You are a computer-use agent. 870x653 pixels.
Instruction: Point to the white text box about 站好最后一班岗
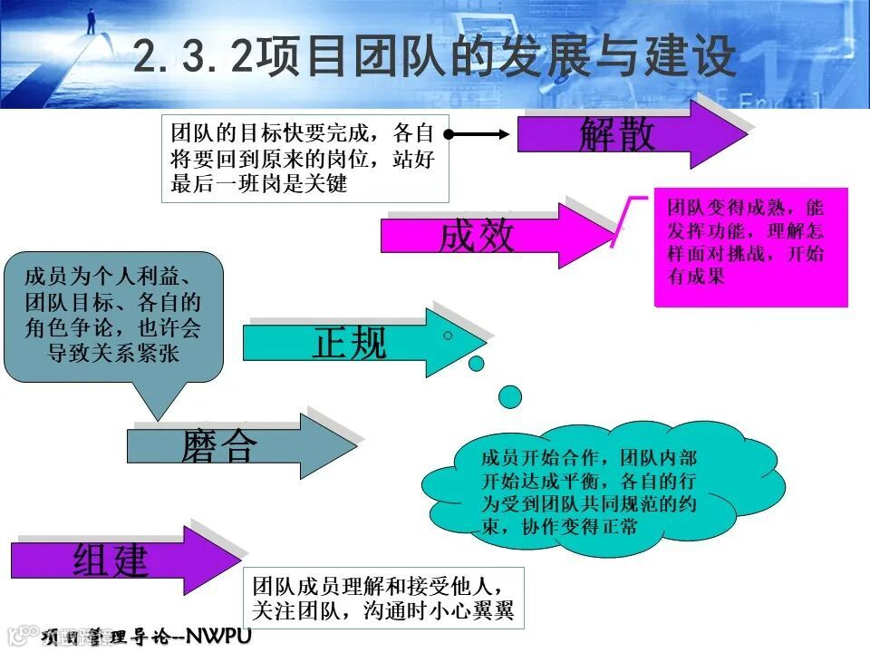[304, 158]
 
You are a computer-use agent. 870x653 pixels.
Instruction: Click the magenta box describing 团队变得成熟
[750, 247]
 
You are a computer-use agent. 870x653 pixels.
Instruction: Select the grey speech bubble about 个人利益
[113, 317]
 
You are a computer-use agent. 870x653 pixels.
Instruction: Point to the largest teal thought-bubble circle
[510, 396]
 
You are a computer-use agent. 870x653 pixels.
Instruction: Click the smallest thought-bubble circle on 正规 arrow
[448, 336]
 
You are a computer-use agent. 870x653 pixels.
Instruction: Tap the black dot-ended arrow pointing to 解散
[478, 134]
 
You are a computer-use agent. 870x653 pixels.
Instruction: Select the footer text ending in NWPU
[145, 637]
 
